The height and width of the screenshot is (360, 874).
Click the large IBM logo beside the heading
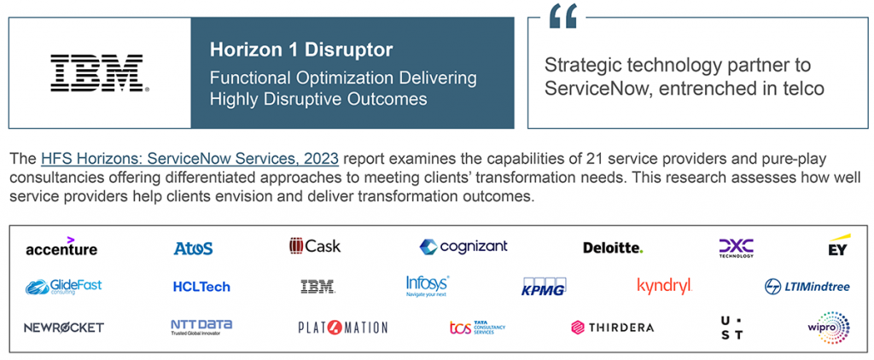point(100,73)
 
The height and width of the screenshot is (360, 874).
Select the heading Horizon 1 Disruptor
point(301,49)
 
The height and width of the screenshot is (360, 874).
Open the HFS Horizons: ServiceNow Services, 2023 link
point(189,159)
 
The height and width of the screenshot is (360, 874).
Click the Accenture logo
point(61,247)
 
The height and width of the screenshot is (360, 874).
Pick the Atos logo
point(193,248)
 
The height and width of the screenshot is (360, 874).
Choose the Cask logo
point(315,246)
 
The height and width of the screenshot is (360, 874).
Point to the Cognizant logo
point(463,247)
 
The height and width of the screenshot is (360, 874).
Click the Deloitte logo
point(613,247)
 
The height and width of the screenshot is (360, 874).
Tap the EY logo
point(838,245)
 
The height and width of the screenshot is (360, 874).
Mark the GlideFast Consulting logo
point(63,287)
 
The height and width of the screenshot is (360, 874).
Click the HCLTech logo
point(201,287)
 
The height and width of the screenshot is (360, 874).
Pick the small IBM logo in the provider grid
point(318,287)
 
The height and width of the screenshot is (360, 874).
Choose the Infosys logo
point(428,286)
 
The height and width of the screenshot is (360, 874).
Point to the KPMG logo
point(544,287)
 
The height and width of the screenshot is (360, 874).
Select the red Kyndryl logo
point(664,287)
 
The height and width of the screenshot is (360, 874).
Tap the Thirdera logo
point(612,327)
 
